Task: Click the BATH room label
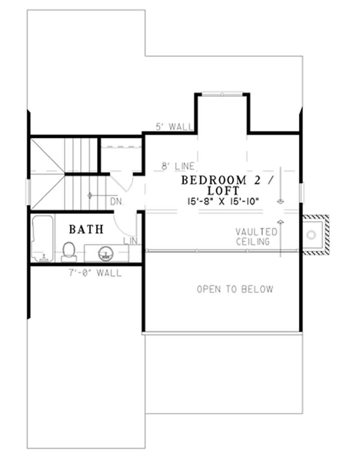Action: click(x=86, y=229)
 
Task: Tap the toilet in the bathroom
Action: click(x=69, y=251)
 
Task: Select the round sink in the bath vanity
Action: click(x=105, y=253)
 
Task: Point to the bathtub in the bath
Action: click(x=42, y=239)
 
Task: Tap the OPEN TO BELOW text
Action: click(x=235, y=289)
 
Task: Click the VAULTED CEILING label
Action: click(x=256, y=237)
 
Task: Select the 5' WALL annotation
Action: click(x=174, y=127)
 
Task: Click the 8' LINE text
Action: click(x=178, y=166)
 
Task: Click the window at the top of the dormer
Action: click(x=222, y=94)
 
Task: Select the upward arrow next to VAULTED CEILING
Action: click(x=281, y=234)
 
